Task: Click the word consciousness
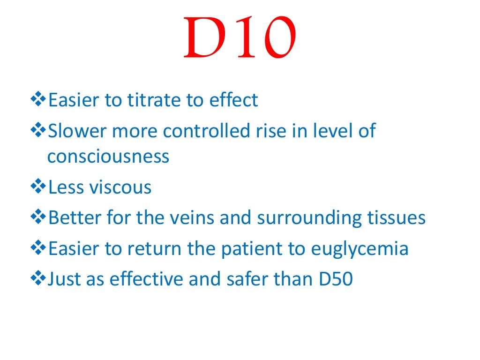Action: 108,157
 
